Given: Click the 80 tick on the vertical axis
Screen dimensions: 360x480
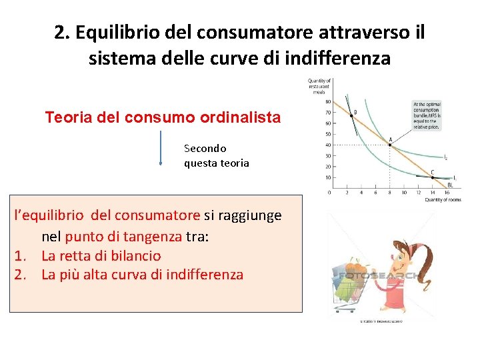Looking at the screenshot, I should pos(327,102).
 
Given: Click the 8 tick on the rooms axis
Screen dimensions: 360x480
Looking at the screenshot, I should pos(390,193).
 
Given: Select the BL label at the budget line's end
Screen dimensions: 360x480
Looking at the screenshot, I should pos(451,185).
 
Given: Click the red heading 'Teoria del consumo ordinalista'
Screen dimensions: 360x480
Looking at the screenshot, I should pos(163,118).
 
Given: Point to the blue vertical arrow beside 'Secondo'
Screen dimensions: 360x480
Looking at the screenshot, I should pos(161,147).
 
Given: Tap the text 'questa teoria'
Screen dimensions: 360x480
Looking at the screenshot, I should pos(217,163).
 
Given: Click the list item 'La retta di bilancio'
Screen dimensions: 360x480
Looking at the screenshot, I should pos(101,255).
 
